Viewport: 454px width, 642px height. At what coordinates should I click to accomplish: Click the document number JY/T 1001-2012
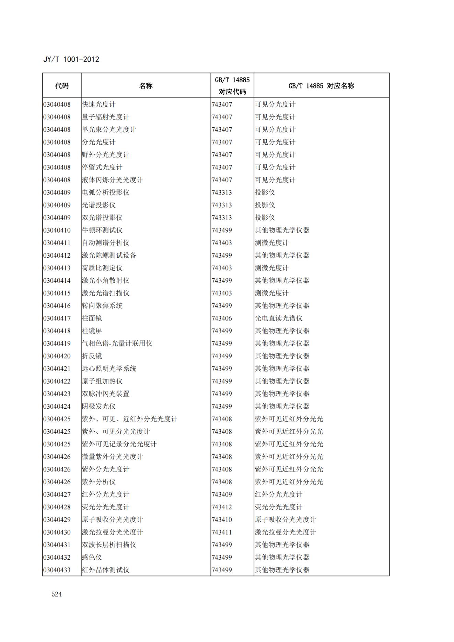click(x=71, y=59)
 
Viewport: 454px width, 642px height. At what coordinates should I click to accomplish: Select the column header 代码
click(x=62, y=86)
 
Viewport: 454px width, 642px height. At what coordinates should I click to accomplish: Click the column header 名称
click(x=146, y=86)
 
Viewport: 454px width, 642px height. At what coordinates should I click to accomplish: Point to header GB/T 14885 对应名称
click(x=321, y=86)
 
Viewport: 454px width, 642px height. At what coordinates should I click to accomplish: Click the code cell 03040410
click(x=57, y=230)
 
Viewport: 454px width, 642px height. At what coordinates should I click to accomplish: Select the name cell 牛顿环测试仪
click(x=102, y=230)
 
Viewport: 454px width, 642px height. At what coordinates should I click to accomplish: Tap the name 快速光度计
click(x=98, y=104)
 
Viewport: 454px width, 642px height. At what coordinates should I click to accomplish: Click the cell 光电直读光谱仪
click(x=278, y=318)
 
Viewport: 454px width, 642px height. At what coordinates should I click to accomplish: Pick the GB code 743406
click(x=222, y=318)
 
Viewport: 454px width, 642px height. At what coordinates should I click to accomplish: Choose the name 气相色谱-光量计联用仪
click(x=117, y=343)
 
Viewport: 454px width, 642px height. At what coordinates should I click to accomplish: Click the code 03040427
click(x=57, y=494)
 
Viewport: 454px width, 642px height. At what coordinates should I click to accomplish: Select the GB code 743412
click(x=222, y=507)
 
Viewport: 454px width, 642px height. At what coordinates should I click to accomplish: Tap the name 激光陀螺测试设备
click(x=109, y=255)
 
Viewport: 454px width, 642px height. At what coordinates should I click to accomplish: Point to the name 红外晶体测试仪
click(x=105, y=570)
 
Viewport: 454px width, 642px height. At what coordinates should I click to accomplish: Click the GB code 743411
click(x=222, y=532)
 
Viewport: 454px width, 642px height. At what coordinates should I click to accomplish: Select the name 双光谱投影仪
click(x=102, y=218)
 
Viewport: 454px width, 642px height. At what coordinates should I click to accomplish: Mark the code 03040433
click(x=57, y=570)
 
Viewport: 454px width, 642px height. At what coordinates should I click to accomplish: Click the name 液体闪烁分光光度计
click(x=112, y=180)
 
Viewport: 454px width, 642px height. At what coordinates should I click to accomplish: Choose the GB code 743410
click(x=222, y=520)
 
